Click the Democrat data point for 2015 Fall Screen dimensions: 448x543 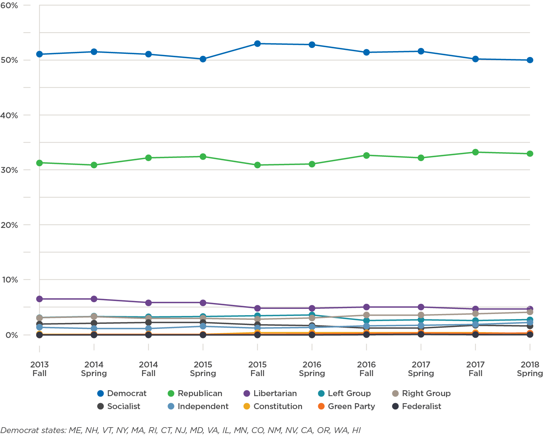[x=257, y=44]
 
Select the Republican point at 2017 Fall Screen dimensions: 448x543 [x=475, y=152]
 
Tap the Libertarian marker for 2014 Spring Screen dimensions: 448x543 [x=94, y=299]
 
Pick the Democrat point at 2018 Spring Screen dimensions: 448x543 [x=530, y=60]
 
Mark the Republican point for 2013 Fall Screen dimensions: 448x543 [x=39, y=163]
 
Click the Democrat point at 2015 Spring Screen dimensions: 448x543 [x=203, y=59]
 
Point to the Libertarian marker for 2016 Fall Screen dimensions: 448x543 [x=366, y=307]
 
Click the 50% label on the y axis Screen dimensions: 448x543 [x=9, y=60]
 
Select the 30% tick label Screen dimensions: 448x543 [x=9, y=170]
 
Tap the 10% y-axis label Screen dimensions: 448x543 [x=9, y=280]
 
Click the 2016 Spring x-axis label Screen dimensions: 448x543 [x=312, y=369]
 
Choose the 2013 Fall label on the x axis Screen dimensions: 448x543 [x=39, y=369]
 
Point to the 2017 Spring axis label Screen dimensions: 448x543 [x=421, y=369]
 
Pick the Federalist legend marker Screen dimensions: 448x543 [x=395, y=406]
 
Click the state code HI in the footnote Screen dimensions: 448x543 [x=356, y=430]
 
